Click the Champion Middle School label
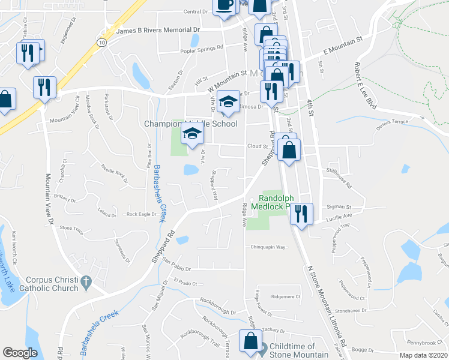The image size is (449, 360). tap(191, 124)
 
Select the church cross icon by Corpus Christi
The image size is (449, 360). tap(86, 280)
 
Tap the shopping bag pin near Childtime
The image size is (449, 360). tap(250, 343)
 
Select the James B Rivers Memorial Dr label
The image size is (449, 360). tap(157, 29)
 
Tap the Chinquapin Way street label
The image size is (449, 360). tap(267, 247)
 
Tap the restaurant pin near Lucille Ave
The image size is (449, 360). tap(301, 213)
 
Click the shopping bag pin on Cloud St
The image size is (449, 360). tap(289, 150)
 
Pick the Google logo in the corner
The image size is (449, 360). tap(20, 353)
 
